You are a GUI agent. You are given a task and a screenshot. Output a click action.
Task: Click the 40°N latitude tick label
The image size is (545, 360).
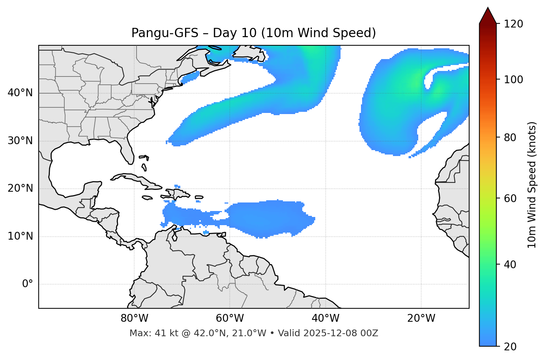[20, 93]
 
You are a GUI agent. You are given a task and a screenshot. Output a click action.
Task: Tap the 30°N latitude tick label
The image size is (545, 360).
[20, 141]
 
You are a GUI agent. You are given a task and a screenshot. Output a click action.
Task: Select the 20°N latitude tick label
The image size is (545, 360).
[20, 188]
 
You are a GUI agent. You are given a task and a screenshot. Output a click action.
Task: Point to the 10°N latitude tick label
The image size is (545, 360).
[20, 236]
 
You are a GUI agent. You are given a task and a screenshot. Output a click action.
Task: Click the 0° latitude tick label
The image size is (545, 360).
[28, 284]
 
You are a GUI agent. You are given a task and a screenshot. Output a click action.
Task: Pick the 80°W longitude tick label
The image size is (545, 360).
[134, 318]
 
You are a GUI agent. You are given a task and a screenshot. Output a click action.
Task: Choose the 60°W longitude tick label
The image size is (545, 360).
[230, 318]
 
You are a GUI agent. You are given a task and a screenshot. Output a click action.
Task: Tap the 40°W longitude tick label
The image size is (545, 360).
[325, 318]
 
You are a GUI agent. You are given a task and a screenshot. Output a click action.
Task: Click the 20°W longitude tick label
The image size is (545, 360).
[421, 318]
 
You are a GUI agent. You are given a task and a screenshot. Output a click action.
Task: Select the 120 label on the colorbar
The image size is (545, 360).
[513, 24]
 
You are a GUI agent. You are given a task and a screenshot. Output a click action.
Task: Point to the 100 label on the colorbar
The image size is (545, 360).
[513, 80]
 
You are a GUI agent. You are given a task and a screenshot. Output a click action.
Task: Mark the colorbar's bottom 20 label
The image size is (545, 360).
[510, 347]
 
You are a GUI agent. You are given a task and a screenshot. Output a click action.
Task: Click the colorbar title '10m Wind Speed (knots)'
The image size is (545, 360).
[532, 185]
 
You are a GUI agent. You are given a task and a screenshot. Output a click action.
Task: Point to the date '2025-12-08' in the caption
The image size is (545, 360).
[332, 333]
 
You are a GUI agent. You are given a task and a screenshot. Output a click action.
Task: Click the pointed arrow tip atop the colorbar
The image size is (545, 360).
[488, 9]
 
